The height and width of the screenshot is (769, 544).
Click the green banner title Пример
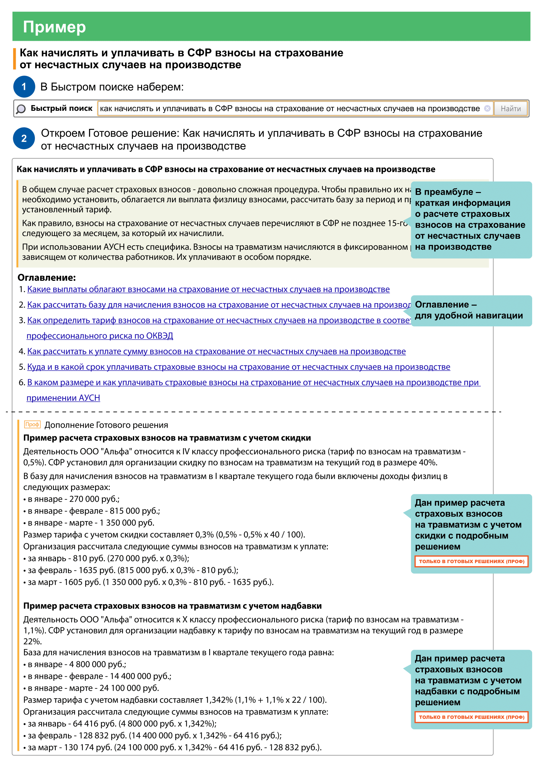coord(54,27)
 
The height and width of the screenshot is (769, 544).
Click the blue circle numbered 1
coord(24,87)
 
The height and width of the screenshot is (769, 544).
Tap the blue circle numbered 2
coord(24,138)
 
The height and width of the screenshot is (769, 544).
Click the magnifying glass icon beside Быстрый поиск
coord(21,109)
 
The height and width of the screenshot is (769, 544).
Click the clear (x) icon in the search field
coord(487,108)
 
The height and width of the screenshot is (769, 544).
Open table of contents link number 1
coord(208,289)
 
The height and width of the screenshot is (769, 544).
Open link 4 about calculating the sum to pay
coord(216,351)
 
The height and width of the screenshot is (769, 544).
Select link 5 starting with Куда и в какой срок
coord(238,367)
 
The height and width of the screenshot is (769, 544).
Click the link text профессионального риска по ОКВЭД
coord(100,336)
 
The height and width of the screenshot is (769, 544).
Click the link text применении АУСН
coord(63,398)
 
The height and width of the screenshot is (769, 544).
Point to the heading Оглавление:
coord(47,278)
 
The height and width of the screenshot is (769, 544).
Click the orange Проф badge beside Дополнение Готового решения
coord(32,424)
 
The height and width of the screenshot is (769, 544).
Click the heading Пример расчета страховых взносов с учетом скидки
coord(167,438)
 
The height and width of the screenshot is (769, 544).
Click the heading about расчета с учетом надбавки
coord(172,606)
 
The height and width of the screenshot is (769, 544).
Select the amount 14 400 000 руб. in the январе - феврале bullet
coord(140,676)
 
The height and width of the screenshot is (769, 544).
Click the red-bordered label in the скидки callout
coord(471,561)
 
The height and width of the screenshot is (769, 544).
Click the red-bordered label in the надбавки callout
coord(471,717)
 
